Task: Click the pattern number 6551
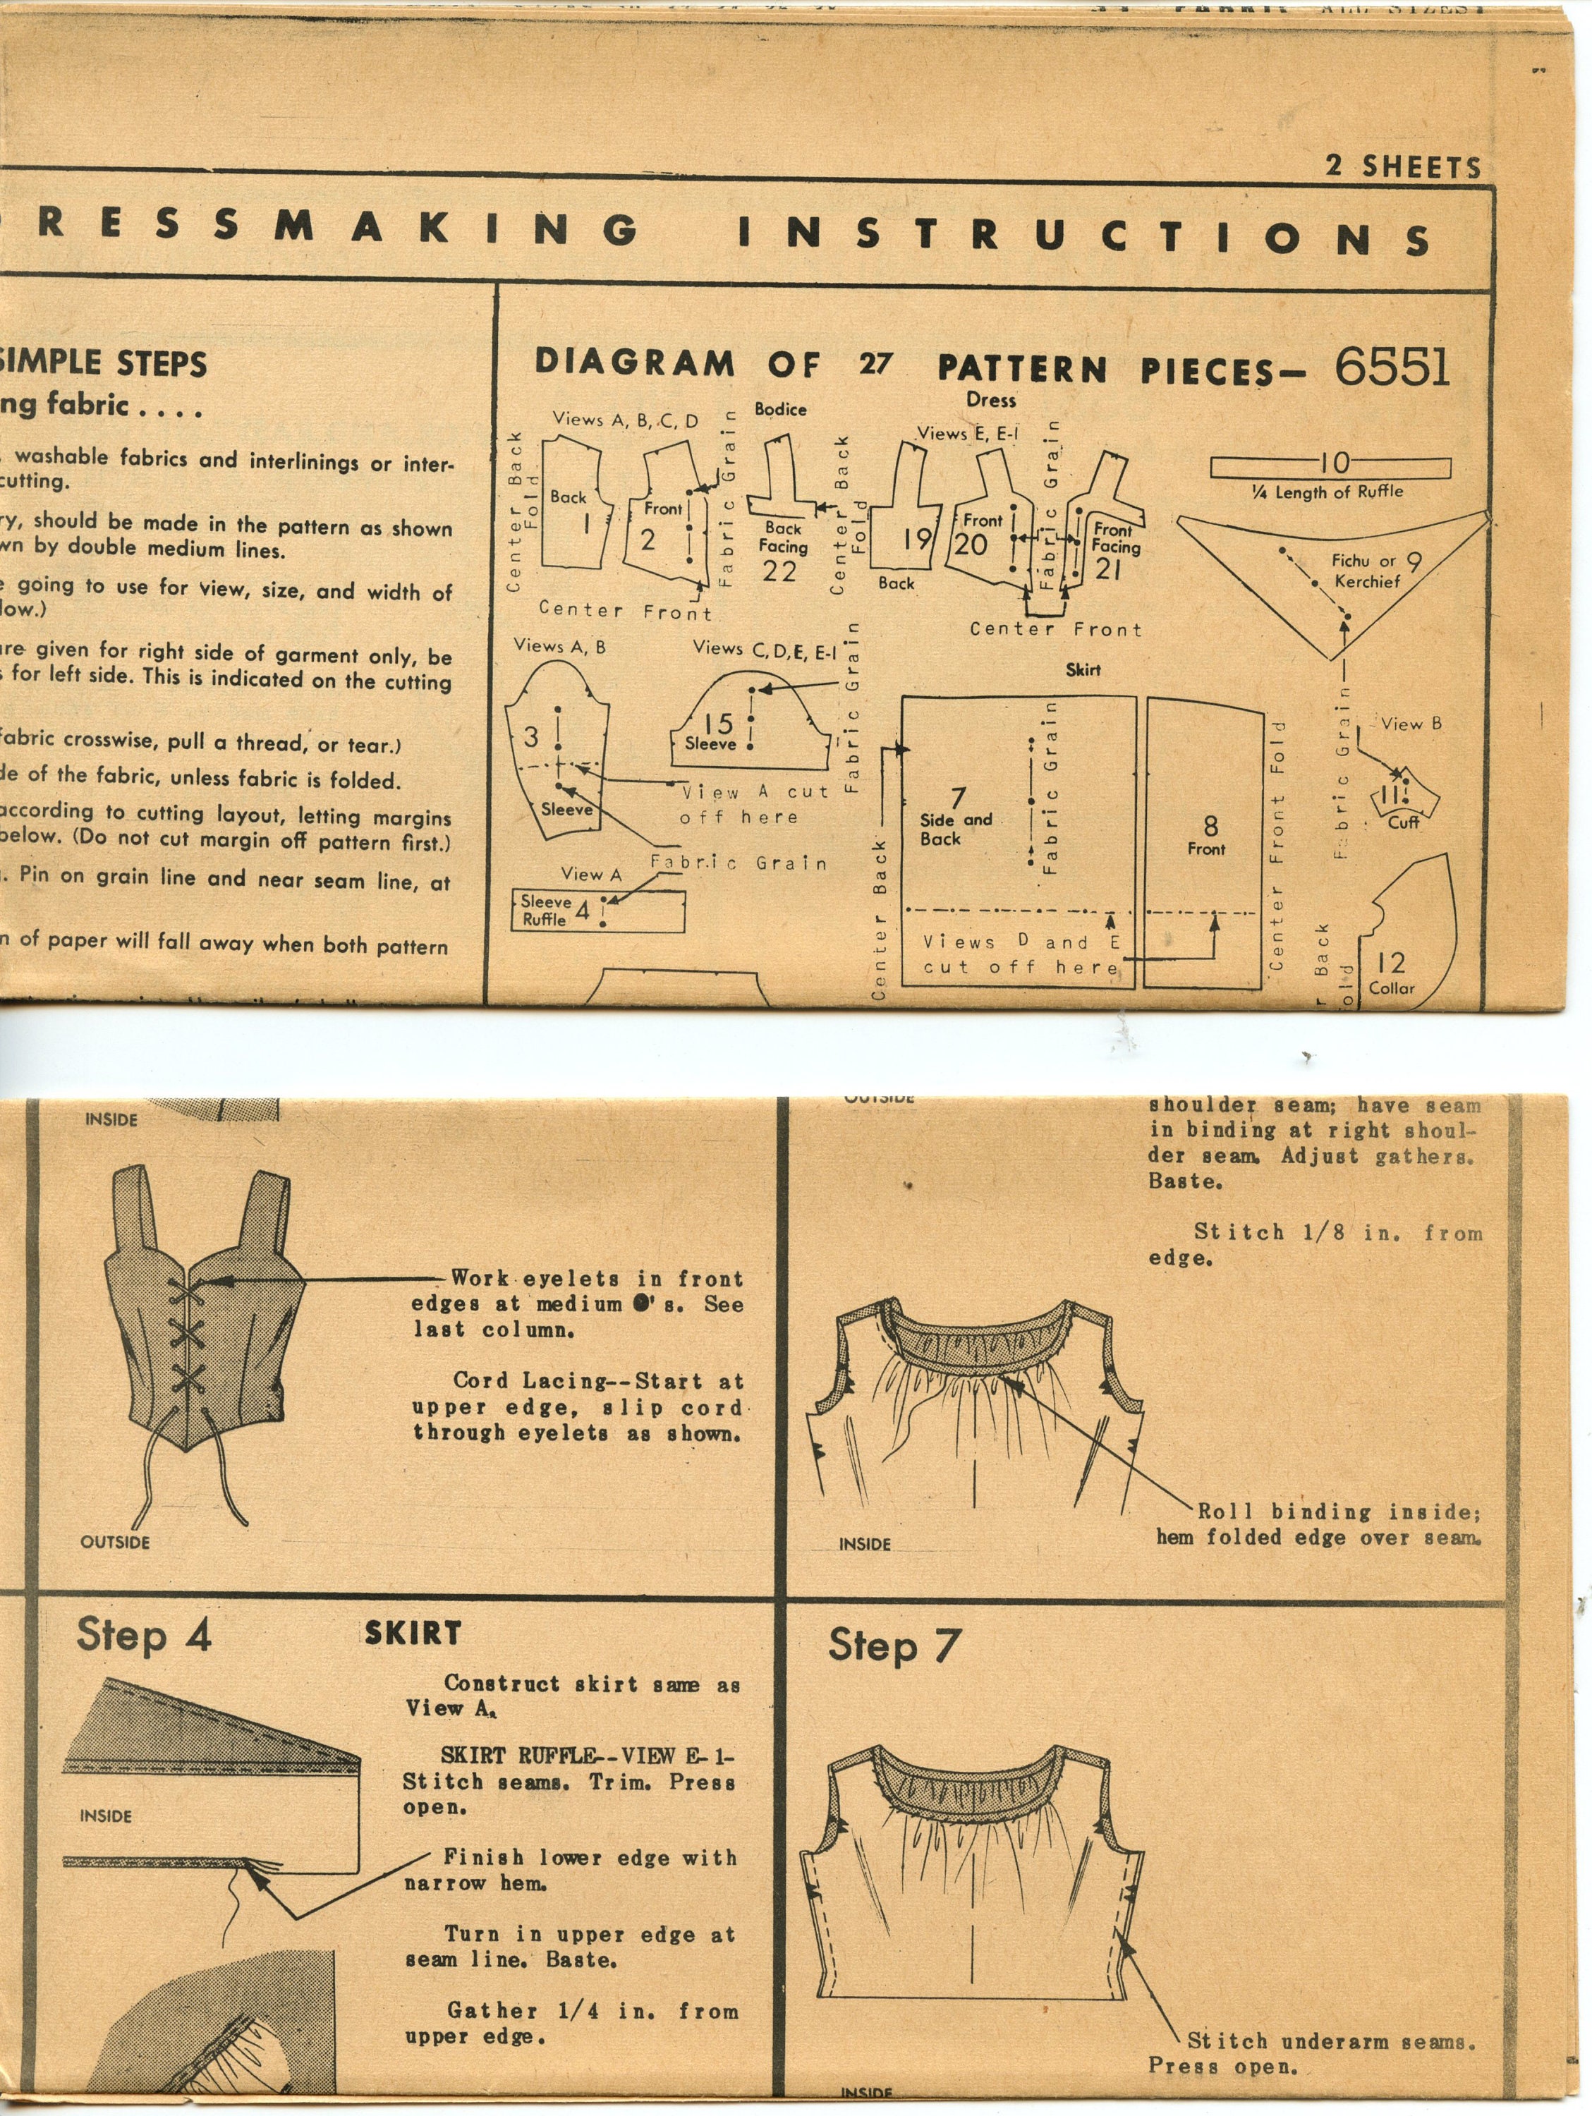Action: click(1392, 365)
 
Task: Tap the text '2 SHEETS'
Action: click(1402, 166)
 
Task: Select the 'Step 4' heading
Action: click(143, 1634)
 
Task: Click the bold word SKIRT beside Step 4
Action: click(413, 1633)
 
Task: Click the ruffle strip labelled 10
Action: click(1330, 466)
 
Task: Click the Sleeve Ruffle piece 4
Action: click(598, 911)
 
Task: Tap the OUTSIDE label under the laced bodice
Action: click(115, 1542)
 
